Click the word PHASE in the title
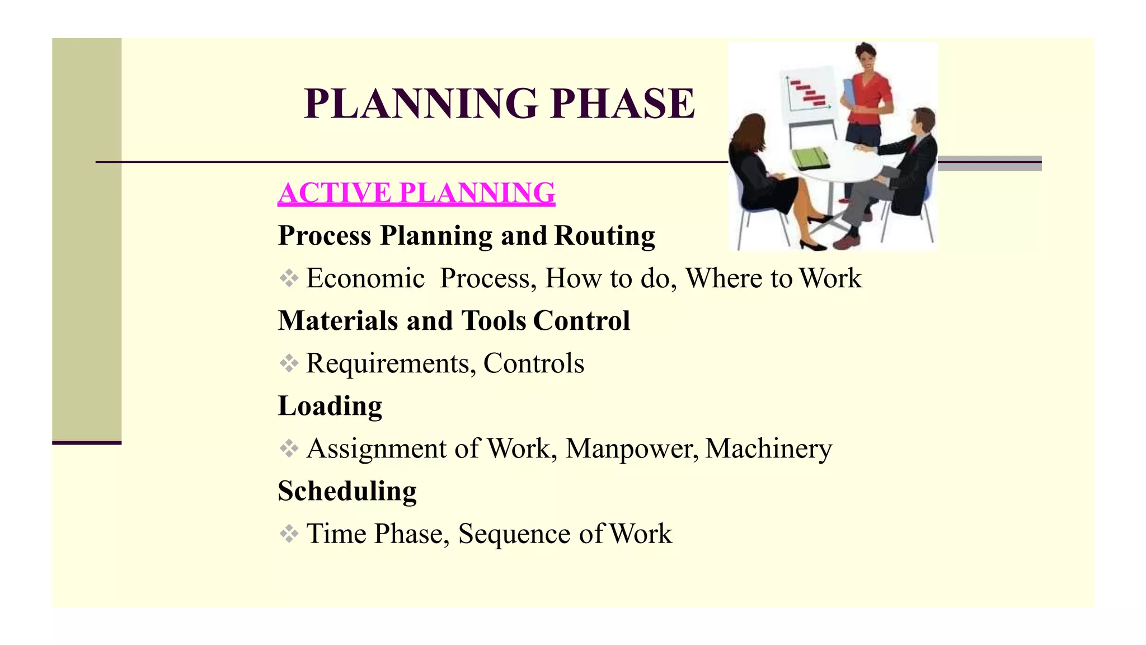[x=622, y=104]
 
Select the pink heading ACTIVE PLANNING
[x=416, y=193]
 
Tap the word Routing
[x=604, y=236]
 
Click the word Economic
[x=365, y=278]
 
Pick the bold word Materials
[x=337, y=321]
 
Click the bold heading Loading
[x=330, y=406]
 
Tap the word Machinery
[x=769, y=448]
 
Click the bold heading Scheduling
[x=347, y=491]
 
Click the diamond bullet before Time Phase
[x=289, y=534]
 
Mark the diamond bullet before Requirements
[x=289, y=363]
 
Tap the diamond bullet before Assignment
[x=289, y=448]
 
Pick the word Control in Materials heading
[x=581, y=321]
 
